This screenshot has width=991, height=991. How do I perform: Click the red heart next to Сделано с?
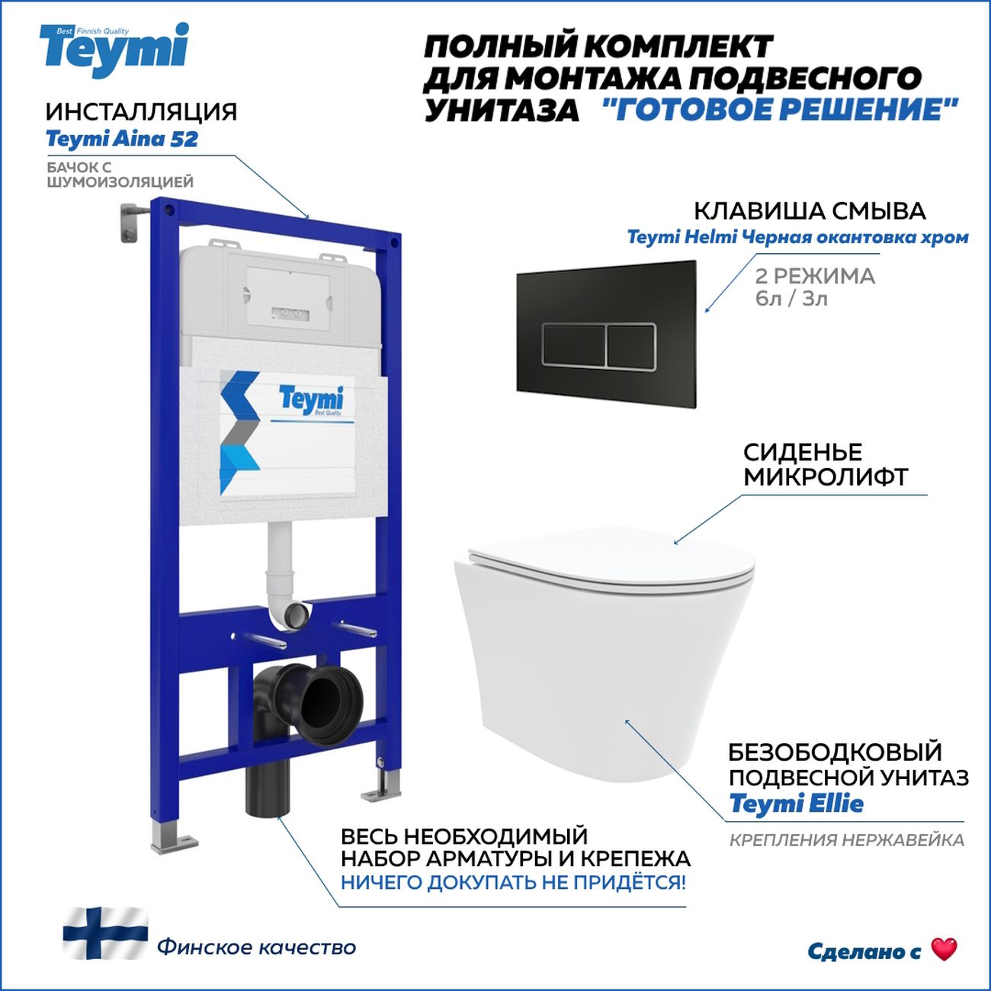[944, 949]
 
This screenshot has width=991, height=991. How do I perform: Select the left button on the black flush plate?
[573, 346]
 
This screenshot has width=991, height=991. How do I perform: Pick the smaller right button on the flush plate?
[630, 346]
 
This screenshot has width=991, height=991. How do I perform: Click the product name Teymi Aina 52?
[122, 139]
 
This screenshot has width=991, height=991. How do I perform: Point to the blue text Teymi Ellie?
[796, 803]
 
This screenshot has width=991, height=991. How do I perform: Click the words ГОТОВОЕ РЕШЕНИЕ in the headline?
[779, 110]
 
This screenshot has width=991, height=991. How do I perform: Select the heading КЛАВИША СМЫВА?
[810, 211]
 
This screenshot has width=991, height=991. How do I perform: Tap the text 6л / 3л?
[791, 298]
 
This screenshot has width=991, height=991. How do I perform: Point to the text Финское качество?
[257, 947]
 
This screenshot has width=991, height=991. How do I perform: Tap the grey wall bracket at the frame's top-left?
[133, 222]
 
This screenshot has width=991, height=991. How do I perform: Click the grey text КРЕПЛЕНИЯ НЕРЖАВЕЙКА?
[846, 840]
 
